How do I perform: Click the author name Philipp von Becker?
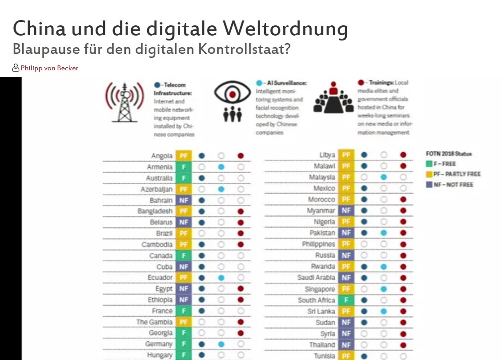coord(49,68)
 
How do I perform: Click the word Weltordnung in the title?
coord(285,29)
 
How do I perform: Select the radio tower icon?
coord(124,101)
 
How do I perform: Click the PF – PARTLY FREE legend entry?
coord(453,174)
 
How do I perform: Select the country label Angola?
coord(162,156)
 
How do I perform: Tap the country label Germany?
coord(159,344)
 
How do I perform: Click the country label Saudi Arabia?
coord(316,278)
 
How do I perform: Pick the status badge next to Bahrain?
coord(183,200)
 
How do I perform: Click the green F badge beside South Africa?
coord(346,300)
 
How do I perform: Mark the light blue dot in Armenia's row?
coord(221,167)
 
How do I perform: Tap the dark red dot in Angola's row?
coord(241,156)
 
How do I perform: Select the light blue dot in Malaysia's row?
coord(384,177)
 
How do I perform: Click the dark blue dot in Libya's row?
coord(364,155)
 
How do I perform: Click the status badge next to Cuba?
coord(183,267)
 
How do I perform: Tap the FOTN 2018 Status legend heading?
coord(449,154)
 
